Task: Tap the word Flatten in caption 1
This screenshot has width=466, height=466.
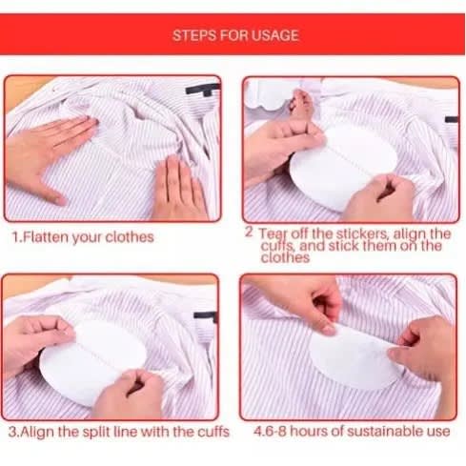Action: (47, 237)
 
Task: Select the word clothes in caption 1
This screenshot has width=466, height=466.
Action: (130, 237)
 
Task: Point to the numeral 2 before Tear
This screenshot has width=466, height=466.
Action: (249, 233)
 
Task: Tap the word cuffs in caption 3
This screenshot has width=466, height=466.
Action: (213, 432)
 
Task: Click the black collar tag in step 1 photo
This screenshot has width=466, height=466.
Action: (203, 90)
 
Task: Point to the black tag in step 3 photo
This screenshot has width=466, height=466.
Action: (206, 316)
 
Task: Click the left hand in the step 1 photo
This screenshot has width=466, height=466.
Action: (48, 154)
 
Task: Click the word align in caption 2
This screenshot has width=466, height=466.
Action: (410, 234)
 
